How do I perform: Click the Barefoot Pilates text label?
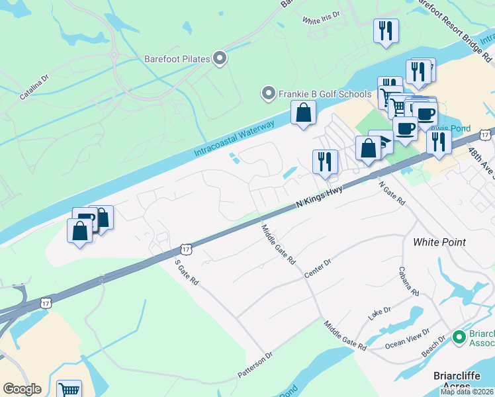tap(177, 59)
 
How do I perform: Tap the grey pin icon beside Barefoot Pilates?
tap(220, 59)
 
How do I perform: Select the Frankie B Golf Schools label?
tap(324, 94)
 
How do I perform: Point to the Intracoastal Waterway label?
tap(234, 139)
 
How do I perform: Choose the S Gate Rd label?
tap(187, 272)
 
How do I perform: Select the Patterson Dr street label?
tap(255, 366)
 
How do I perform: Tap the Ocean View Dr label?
tap(407, 339)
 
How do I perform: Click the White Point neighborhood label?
tap(439, 242)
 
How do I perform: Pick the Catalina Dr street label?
tap(34, 87)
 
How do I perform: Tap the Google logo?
tap(22, 389)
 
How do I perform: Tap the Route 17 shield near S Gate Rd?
tap(185, 249)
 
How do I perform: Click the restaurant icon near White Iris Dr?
tap(385, 31)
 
